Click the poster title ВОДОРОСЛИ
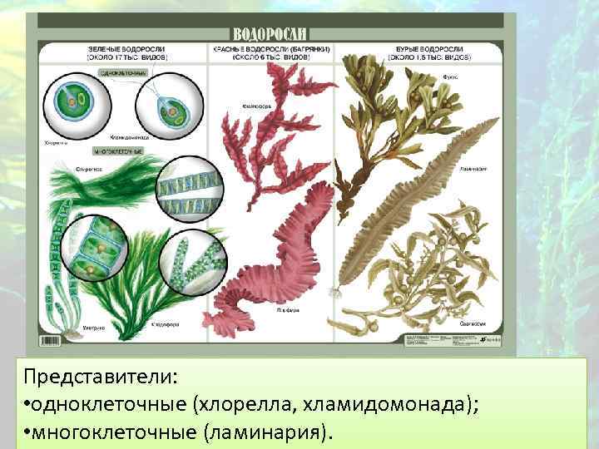tap(270, 34)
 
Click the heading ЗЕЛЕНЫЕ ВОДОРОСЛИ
tap(127, 50)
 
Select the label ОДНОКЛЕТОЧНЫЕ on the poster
tap(123, 73)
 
